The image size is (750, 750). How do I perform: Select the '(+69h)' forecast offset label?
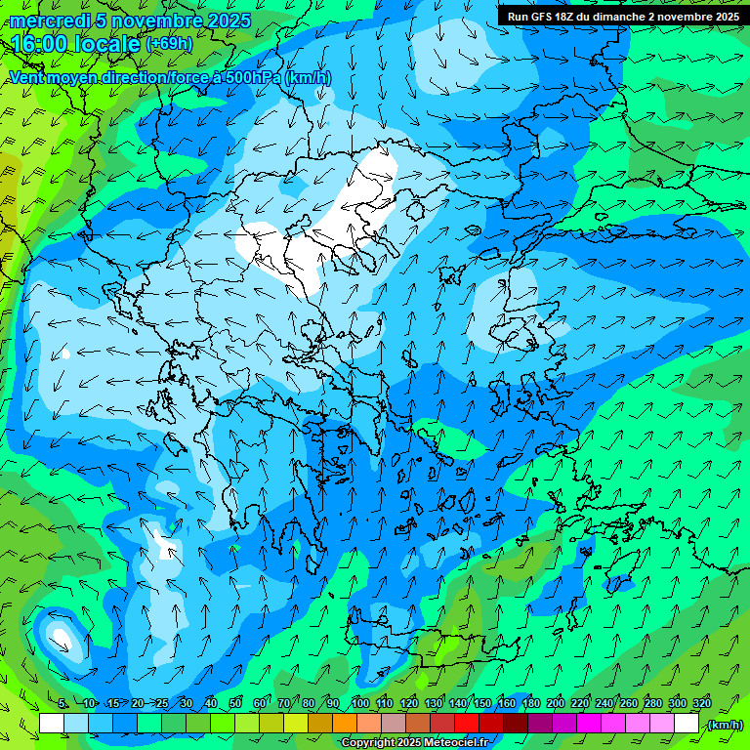(169, 44)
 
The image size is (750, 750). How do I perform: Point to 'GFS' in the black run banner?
(542, 17)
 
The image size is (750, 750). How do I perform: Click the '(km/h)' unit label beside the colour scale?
(725, 725)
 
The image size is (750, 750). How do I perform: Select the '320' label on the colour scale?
(701, 703)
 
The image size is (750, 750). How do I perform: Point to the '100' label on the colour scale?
(360, 703)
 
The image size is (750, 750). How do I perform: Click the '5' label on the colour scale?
(62, 703)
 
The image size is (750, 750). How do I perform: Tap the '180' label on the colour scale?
(530, 703)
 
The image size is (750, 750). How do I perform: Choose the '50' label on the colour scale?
(235, 703)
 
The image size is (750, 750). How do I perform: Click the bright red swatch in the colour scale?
(467, 724)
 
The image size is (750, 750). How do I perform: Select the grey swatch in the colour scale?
(394, 724)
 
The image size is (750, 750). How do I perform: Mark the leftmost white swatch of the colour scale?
(52, 724)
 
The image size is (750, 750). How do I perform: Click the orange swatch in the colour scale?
(345, 724)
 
